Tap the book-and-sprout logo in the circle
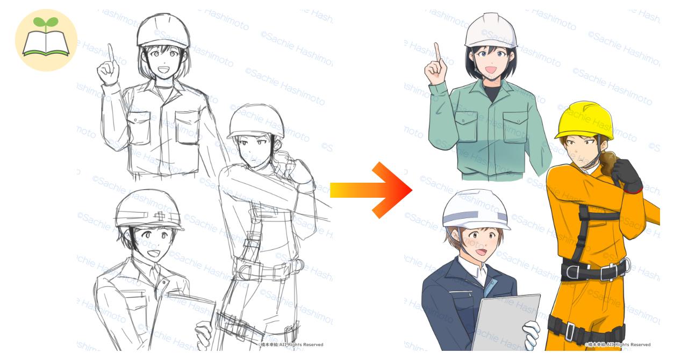pyautogui.click(x=46, y=40)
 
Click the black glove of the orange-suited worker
pyautogui.click(x=627, y=175)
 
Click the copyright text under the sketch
pyautogui.click(x=290, y=344)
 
